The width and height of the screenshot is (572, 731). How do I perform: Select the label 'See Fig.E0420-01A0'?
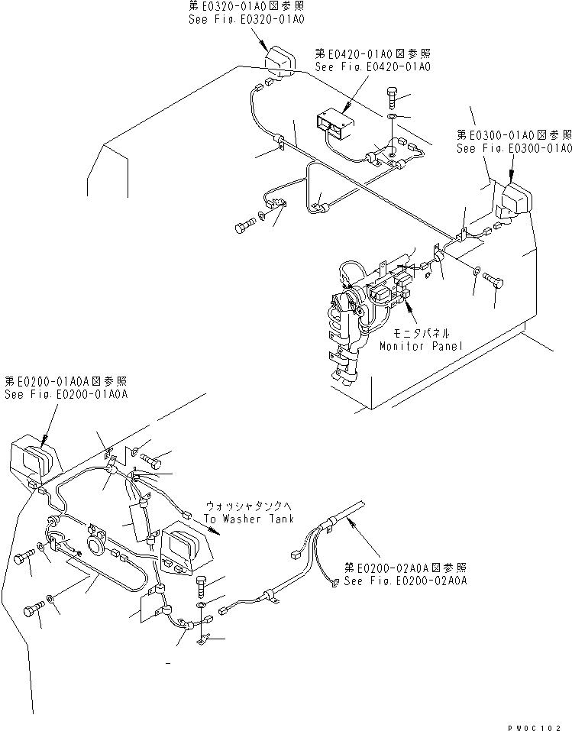[372, 67]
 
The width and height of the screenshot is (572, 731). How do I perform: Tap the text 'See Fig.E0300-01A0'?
[513, 148]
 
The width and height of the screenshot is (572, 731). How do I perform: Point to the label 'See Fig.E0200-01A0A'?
[66, 394]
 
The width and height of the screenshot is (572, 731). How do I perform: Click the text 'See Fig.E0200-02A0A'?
[405, 581]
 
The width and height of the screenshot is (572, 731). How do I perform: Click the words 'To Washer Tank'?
[244, 518]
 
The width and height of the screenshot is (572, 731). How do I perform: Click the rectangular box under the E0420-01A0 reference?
[334, 121]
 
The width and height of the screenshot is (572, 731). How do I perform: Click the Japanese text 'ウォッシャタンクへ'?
[244, 506]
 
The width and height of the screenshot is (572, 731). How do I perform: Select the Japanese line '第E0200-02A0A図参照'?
[405, 568]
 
